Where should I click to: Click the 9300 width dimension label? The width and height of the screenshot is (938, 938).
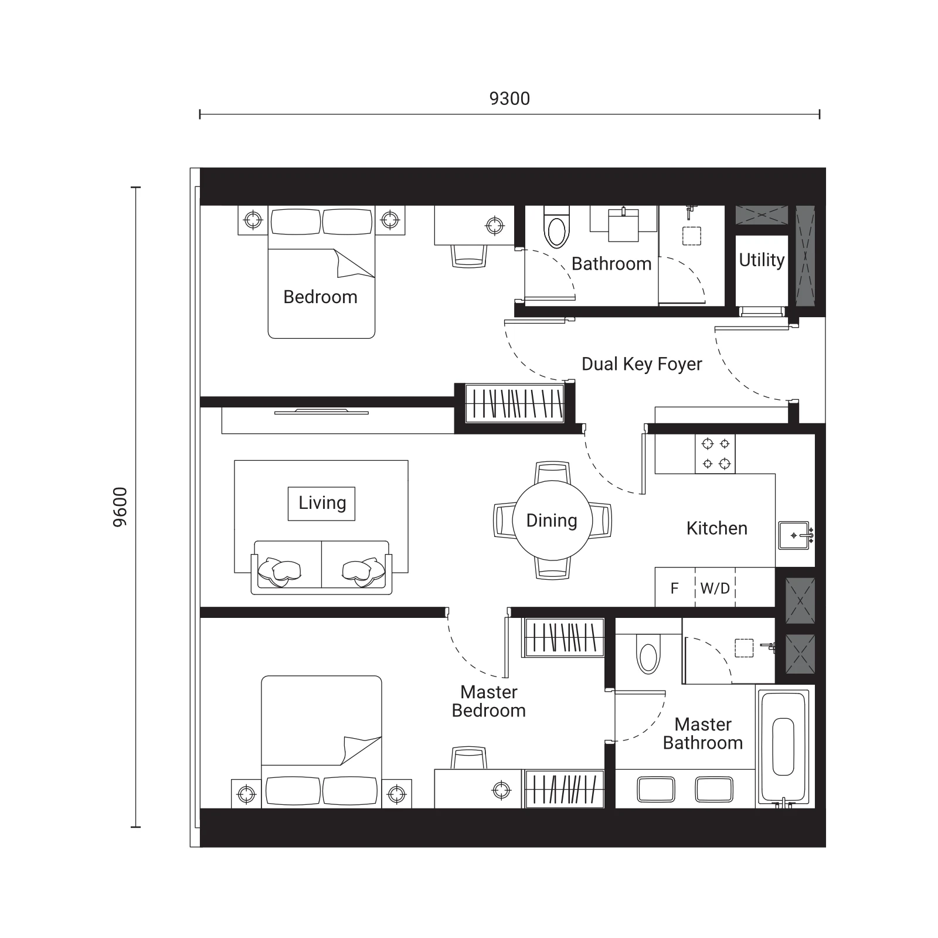(x=509, y=98)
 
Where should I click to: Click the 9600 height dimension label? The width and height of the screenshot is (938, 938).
(x=120, y=507)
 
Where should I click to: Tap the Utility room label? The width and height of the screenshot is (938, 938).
(x=762, y=260)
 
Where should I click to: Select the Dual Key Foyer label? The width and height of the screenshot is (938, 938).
(x=641, y=364)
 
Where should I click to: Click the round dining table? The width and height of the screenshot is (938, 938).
(x=552, y=520)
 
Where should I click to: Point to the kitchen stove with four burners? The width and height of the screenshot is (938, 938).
(x=715, y=454)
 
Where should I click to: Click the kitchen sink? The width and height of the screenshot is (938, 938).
(x=794, y=535)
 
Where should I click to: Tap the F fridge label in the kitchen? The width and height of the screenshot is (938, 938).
(x=674, y=588)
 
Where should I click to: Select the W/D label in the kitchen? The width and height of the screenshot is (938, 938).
(x=715, y=588)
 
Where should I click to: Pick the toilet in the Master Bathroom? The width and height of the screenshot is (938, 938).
(x=648, y=655)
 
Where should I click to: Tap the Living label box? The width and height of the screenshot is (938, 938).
(x=321, y=503)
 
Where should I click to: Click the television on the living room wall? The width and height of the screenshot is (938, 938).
(x=321, y=412)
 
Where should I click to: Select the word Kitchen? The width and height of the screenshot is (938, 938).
(x=716, y=528)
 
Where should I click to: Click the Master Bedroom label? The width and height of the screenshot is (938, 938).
(x=488, y=701)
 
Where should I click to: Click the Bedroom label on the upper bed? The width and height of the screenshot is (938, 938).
(x=320, y=297)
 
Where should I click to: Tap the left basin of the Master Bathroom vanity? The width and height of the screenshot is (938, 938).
(x=655, y=789)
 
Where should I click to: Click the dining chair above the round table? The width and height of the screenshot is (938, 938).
(x=552, y=473)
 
